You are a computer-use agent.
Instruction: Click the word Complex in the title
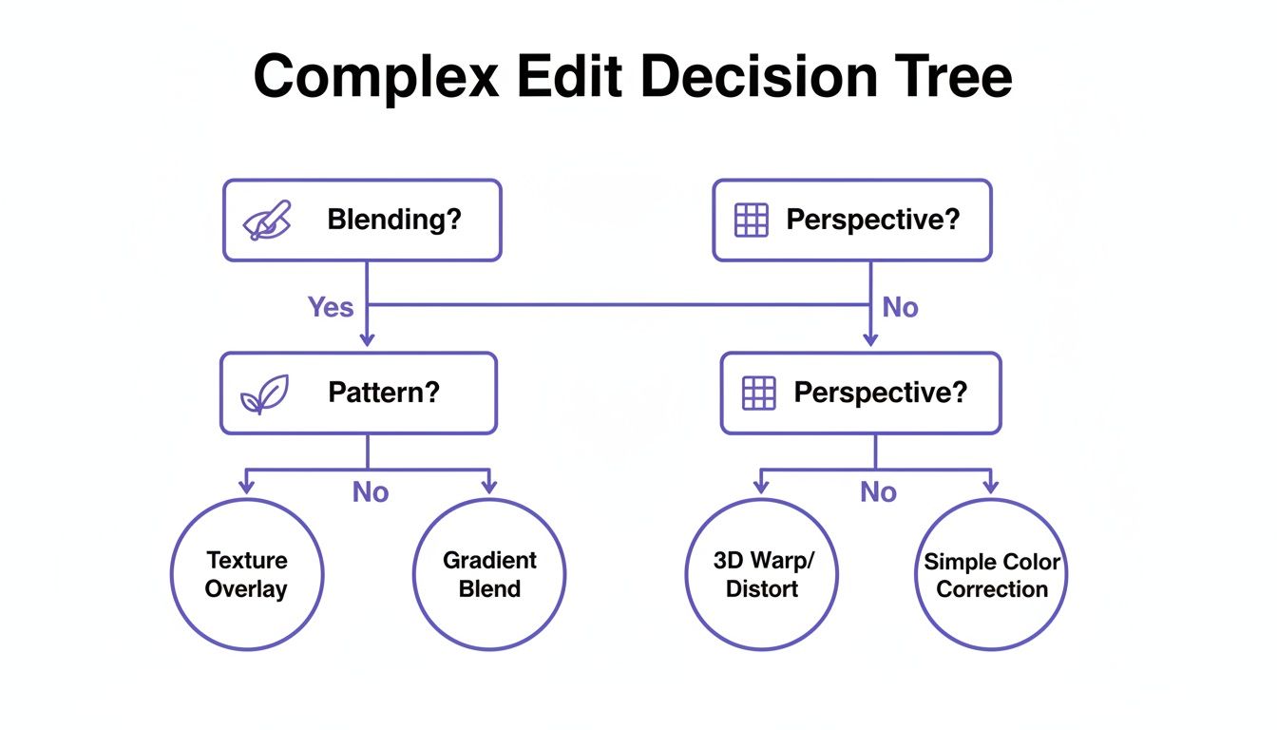(x=376, y=77)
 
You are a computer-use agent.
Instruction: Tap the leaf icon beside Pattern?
(x=263, y=394)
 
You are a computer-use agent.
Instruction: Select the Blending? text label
(x=393, y=220)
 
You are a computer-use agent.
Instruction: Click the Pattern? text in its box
(x=384, y=393)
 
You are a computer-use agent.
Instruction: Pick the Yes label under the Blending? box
(x=330, y=307)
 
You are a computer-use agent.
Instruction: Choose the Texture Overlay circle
(x=247, y=574)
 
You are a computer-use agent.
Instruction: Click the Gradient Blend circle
(x=489, y=574)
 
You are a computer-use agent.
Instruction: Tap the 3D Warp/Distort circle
(x=762, y=574)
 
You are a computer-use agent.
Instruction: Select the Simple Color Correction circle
(x=991, y=574)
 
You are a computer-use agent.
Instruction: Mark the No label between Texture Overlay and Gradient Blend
(x=371, y=492)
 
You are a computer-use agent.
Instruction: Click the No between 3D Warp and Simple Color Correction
(x=878, y=492)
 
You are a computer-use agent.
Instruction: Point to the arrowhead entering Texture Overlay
(x=247, y=487)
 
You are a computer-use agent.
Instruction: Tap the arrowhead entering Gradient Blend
(x=489, y=487)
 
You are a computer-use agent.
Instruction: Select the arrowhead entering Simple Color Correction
(x=991, y=487)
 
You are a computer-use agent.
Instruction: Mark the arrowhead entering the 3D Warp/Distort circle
(x=761, y=487)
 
